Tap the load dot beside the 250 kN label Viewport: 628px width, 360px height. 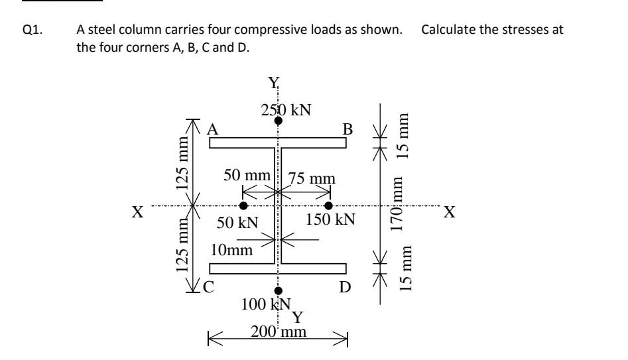(x=279, y=121)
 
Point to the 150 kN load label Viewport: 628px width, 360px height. (x=330, y=219)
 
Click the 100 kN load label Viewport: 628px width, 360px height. (x=267, y=304)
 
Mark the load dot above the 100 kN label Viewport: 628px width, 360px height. (x=279, y=290)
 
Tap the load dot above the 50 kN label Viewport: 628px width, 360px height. (x=243, y=206)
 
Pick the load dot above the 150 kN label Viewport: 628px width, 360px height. (x=329, y=206)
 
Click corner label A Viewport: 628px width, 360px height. (x=214, y=130)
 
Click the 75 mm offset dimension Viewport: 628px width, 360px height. (x=312, y=178)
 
